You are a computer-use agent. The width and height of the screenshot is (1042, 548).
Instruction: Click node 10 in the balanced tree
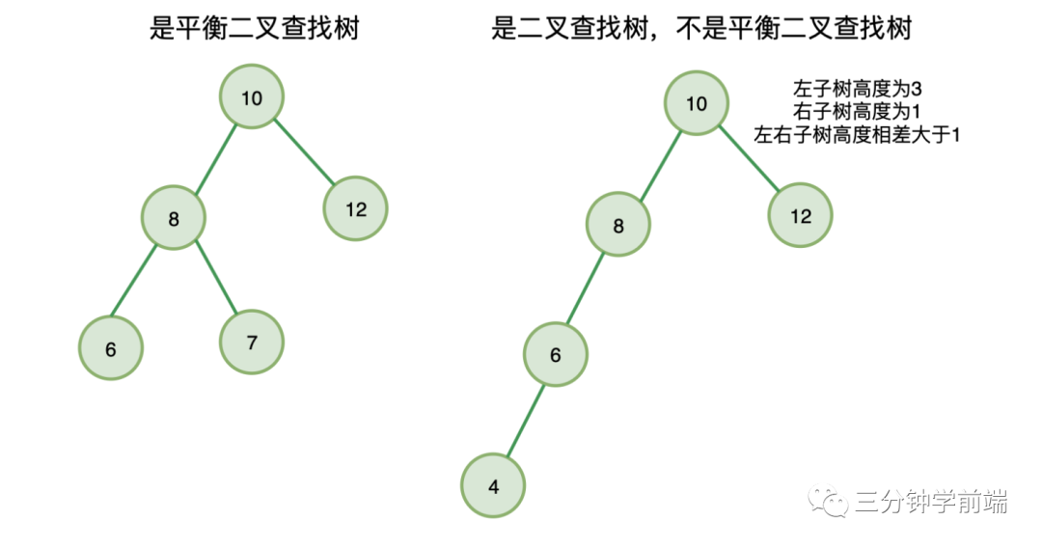pyautogui.click(x=252, y=97)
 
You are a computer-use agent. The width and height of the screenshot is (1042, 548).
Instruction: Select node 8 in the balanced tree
pyautogui.click(x=174, y=219)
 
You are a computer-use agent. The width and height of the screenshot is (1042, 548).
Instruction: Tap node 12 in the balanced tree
pyautogui.click(x=356, y=208)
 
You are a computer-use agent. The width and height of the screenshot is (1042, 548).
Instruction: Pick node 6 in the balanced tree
pyautogui.click(x=111, y=349)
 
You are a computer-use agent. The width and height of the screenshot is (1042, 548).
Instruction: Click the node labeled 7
pyautogui.click(x=252, y=341)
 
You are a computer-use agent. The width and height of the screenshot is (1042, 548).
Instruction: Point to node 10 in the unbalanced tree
pyautogui.click(x=697, y=104)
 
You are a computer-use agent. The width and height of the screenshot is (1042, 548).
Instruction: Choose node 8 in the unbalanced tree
pyautogui.click(x=618, y=226)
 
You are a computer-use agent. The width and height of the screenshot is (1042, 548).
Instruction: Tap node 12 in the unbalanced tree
pyautogui.click(x=801, y=216)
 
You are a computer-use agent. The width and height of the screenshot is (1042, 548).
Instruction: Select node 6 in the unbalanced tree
pyautogui.click(x=556, y=354)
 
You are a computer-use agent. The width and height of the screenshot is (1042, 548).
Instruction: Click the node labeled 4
pyautogui.click(x=494, y=486)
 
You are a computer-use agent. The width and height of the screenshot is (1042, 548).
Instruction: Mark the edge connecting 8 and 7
pyautogui.click(x=215, y=277)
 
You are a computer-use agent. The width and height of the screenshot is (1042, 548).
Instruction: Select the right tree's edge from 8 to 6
pyautogui.click(x=587, y=289)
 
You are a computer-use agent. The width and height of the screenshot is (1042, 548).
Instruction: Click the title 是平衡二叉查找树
pyautogui.click(x=254, y=30)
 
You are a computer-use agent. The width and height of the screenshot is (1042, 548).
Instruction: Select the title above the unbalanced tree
pyautogui.click(x=701, y=30)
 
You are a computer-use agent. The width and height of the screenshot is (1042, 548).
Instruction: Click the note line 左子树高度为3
pyautogui.click(x=858, y=89)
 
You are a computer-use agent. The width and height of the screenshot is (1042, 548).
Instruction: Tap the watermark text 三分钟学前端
pyautogui.click(x=931, y=502)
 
